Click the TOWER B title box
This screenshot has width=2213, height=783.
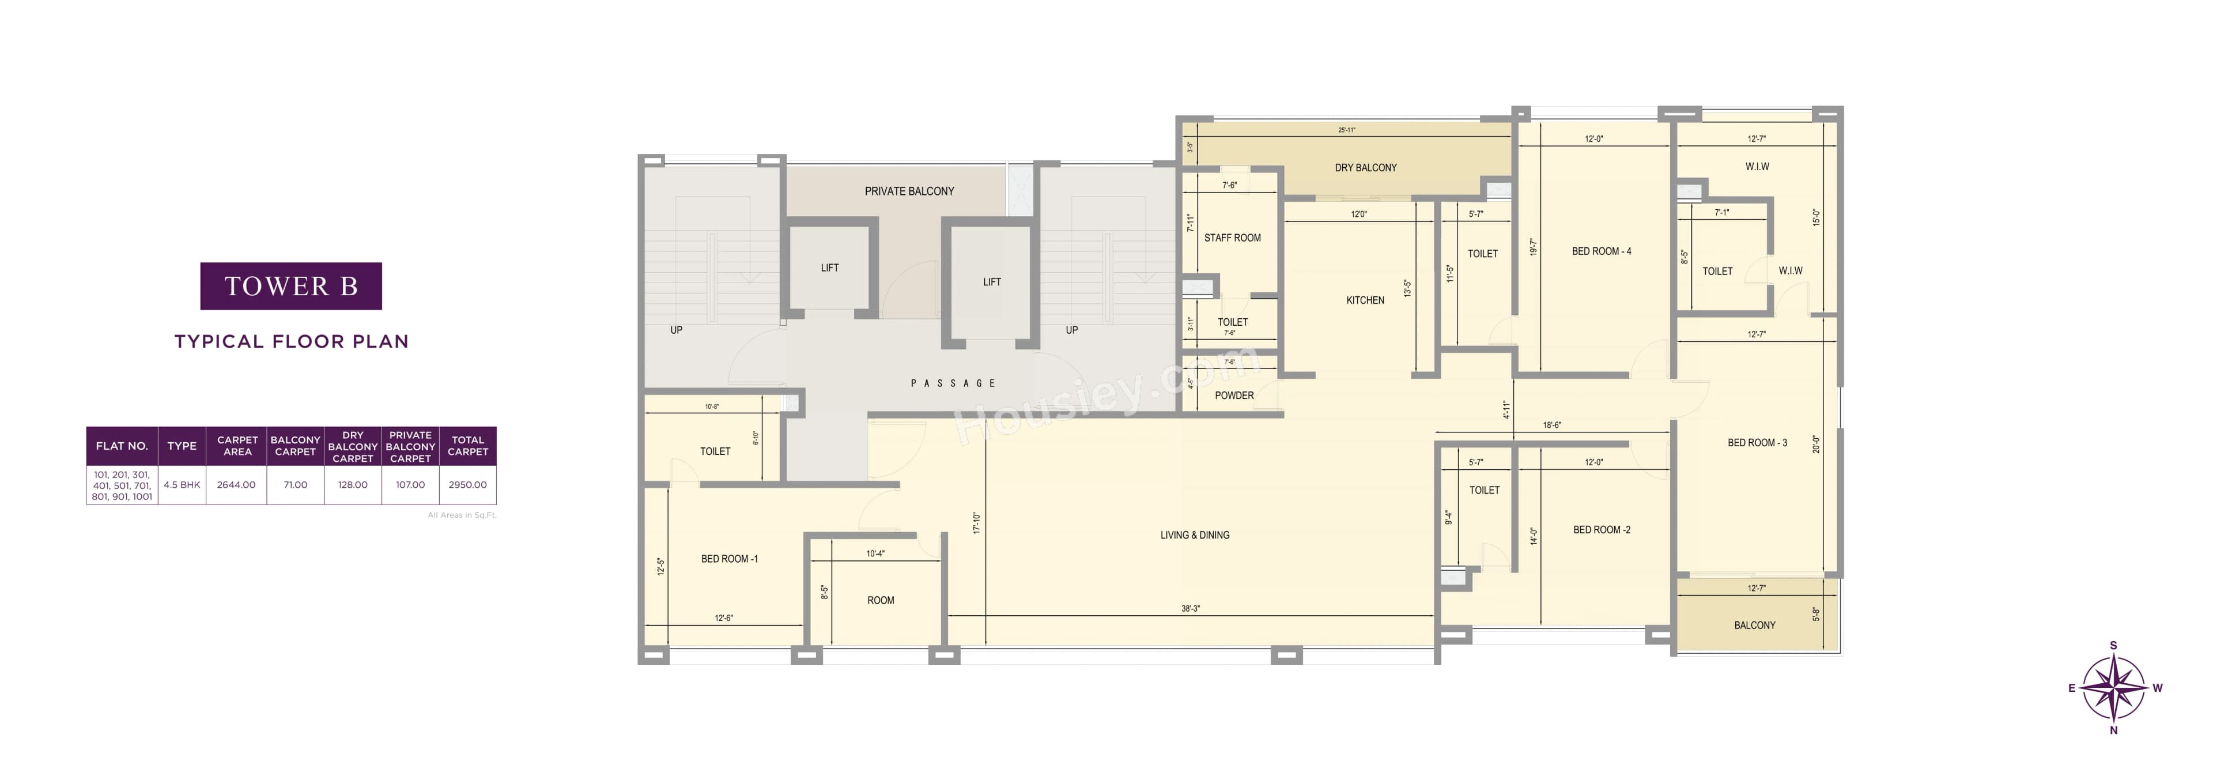290,286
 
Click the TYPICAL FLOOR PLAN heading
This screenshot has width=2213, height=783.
291,341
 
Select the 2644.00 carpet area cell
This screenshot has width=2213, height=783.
236,485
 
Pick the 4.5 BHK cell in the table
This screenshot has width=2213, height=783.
182,485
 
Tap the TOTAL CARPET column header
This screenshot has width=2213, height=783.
467,445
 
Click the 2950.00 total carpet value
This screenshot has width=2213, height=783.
467,485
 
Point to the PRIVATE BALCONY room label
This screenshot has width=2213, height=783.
909,191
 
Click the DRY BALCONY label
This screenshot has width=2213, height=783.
1365,168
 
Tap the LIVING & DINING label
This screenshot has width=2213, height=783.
1194,534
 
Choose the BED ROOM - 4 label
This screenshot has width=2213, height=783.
1602,251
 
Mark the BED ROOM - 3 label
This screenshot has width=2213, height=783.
1757,443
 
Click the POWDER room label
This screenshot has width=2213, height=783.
1234,396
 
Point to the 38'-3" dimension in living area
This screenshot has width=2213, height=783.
1190,608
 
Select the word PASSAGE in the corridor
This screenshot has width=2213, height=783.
953,383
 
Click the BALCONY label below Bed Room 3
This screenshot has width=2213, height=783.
1754,625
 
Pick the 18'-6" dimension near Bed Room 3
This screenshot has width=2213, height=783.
1551,424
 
